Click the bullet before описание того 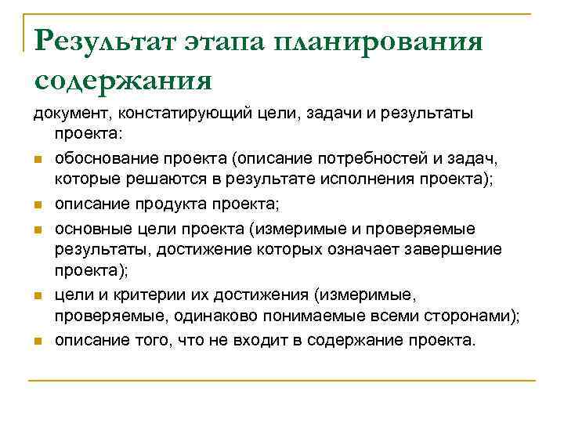click(x=37, y=342)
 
